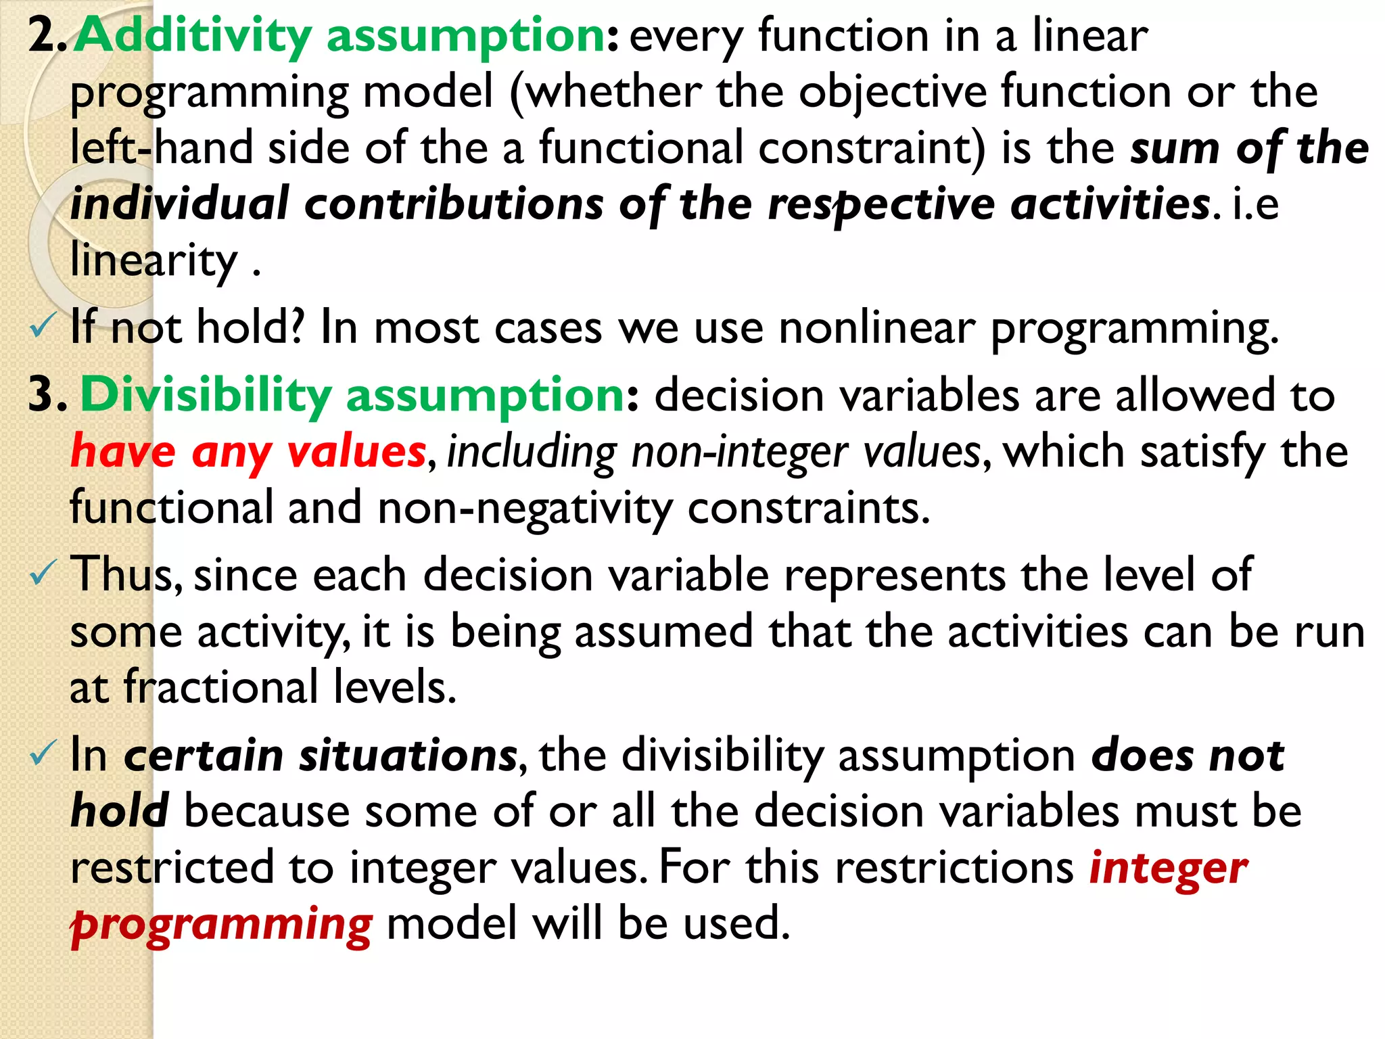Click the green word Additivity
pos(192,35)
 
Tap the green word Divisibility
pos(206,395)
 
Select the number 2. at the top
pos(47,35)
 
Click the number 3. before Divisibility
pos(47,395)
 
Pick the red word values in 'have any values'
pos(356,452)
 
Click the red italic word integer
pos(1169,868)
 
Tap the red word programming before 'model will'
pos(222,925)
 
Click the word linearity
pos(154,260)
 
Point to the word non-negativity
pos(525,508)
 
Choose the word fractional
pos(220,687)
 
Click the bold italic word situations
pos(408,756)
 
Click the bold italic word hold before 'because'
pos(120,811)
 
